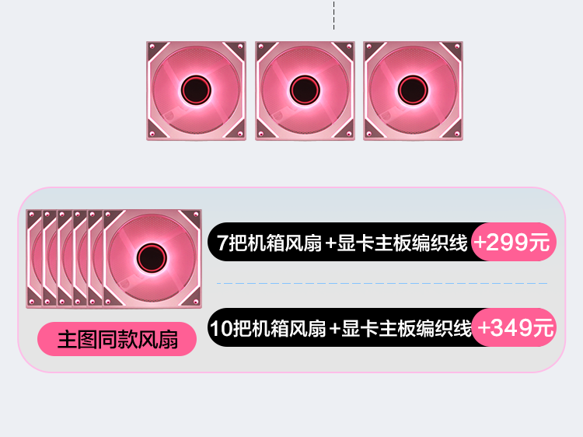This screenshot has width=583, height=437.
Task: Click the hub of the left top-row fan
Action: click(x=195, y=91)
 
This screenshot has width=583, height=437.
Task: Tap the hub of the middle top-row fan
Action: click(x=304, y=91)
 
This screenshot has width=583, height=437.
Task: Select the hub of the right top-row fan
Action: click(x=413, y=91)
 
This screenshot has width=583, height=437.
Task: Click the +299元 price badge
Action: click(x=513, y=243)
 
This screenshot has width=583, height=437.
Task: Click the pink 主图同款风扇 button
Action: click(x=117, y=339)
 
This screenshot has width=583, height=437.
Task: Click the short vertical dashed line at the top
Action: click(x=333, y=15)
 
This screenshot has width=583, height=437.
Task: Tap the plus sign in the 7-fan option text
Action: click(x=331, y=243)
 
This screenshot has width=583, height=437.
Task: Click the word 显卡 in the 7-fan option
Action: click(x=354, y=243)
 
